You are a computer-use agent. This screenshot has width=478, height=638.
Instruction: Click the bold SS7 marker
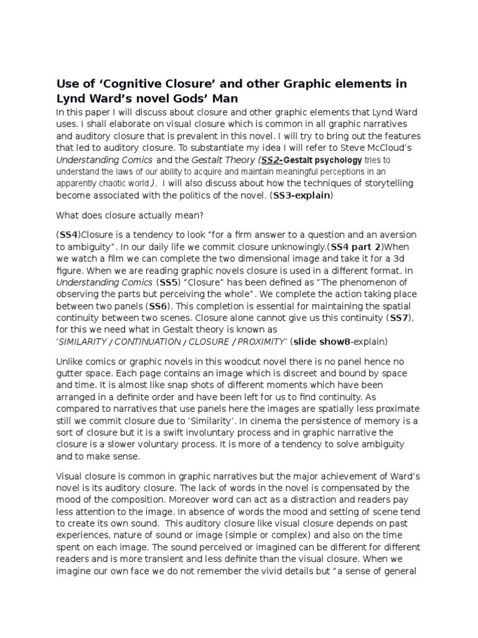[x=398, y=318]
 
